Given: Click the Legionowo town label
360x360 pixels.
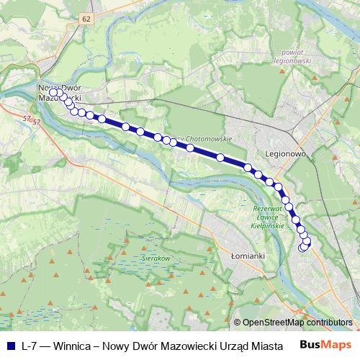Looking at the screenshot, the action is pos(287,154).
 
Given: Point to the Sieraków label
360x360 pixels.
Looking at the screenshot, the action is pos(155,257).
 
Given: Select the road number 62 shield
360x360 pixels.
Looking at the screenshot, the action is pos(87,17).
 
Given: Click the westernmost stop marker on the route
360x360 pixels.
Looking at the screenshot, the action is pos(53,92).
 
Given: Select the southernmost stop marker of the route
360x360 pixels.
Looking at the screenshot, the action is pos(302,248).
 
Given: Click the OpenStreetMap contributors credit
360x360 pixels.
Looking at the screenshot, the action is pos(297,323).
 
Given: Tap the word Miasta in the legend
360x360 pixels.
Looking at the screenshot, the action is pos(266,345).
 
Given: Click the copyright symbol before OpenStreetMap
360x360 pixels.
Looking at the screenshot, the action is pos(238,323).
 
